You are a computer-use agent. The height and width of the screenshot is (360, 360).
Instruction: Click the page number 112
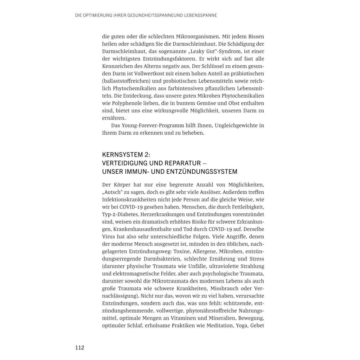[x=79, y=348]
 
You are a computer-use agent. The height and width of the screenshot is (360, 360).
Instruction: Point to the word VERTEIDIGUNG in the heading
[x=124, y=163]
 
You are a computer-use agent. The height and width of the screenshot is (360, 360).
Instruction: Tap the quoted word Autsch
[x=112, y=192]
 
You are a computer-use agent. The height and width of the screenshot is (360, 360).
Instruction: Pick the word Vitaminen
[x=173, y=318]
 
